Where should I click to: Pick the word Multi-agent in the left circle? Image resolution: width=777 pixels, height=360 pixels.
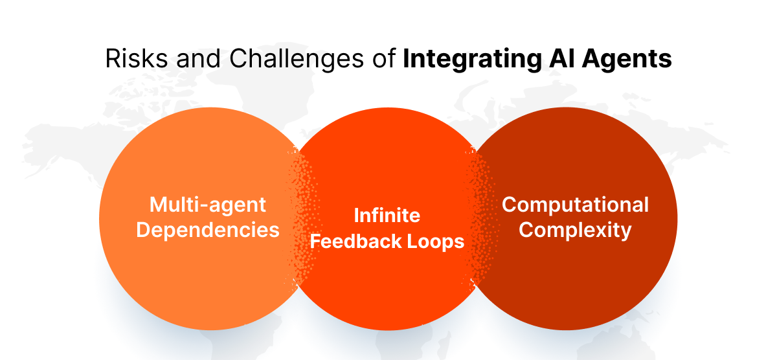point(208,205)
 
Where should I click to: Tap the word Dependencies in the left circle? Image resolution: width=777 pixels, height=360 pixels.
point(208,230)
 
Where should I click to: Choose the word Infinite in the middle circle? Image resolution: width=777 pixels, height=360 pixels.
point(387,215)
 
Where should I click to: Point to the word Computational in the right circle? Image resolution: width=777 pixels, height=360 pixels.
point(575,205)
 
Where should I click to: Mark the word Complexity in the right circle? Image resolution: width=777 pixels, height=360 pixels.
point(575,230)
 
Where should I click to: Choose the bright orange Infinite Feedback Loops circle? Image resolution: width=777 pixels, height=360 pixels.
point(388,291)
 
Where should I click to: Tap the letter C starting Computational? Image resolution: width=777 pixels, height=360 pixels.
point(510,205)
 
